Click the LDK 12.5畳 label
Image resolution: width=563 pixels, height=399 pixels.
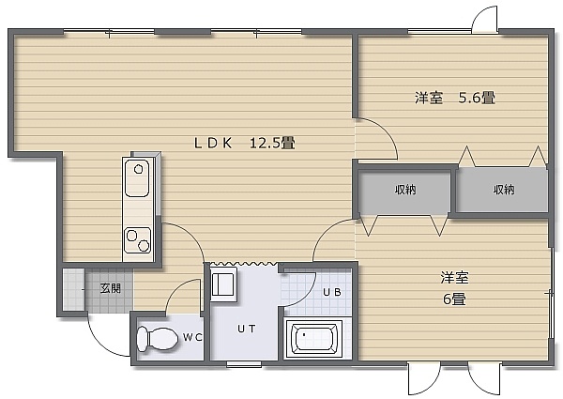click(245, 144)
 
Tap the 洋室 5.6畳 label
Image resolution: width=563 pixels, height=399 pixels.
click(455, 98)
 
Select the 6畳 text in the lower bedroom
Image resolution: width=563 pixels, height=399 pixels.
click(454, 299)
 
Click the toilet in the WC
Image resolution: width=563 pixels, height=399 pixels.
click(158, 338)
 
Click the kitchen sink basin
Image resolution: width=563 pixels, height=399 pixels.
click(136, 178)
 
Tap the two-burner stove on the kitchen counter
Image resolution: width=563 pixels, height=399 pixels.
click(138, 240)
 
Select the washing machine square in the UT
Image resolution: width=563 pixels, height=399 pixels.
click(223, 284)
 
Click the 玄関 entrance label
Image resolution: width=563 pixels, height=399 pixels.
click(110, 288)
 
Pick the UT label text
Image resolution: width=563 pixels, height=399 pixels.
click(246, 329)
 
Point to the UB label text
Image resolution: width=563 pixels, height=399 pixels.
click(332, 292)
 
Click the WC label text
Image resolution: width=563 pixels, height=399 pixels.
click(192, 337)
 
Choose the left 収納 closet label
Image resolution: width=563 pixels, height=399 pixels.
click(405, 190)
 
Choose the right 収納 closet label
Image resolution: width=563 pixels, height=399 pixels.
click(504, 190)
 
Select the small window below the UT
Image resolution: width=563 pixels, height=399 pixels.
click(244, 364)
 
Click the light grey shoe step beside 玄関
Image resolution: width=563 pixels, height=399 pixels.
click(74, 289)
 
